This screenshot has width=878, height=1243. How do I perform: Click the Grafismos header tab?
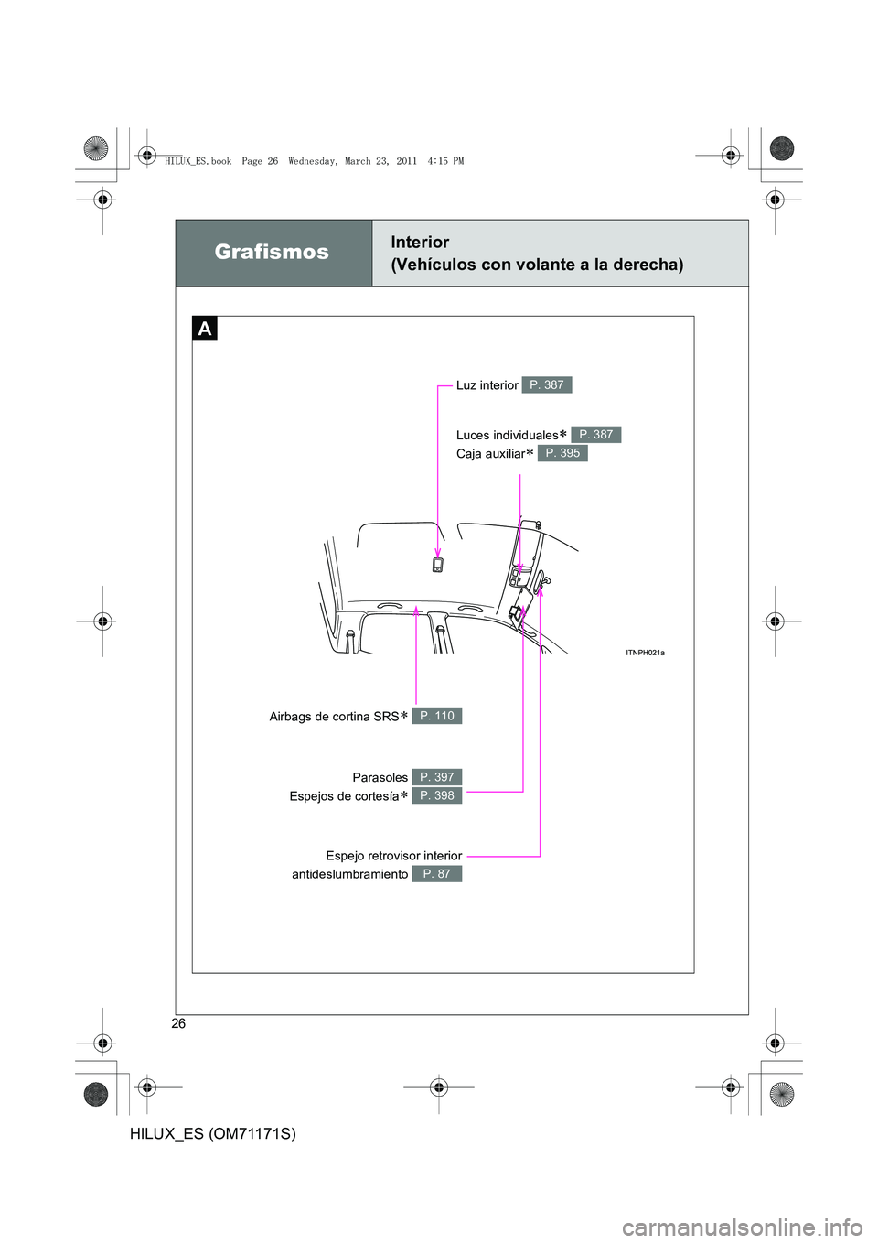point(273,253)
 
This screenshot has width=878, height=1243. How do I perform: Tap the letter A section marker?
point(205,329)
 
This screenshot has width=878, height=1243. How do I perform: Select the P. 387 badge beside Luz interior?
point(547,385)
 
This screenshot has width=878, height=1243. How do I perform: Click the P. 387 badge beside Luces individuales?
point(596,435)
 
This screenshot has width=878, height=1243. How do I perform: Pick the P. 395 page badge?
point(562,453)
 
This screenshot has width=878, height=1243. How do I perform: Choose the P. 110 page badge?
point(437,716)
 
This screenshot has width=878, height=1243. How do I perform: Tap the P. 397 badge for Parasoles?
point(437,777)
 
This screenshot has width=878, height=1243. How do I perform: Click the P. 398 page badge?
point(437,795)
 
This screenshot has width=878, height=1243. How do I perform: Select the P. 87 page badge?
point(437,874)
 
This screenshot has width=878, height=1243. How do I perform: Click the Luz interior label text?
point(487,385)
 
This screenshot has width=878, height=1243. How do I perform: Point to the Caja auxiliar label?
point(491,454)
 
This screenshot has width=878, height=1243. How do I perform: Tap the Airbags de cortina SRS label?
point(334,717)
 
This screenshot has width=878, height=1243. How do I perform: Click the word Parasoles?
point(380,778)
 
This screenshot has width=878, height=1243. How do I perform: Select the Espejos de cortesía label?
point(344,796)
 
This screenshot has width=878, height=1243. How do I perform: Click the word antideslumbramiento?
point(349,875)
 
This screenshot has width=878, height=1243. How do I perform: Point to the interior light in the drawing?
point(438,565)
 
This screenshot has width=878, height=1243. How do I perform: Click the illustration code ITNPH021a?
point(645,653)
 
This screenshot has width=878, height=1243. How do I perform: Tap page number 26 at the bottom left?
point(178,1023)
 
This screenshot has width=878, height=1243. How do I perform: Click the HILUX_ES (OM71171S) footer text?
point(213,1134)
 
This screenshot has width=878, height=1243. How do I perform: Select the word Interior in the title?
point(420,243)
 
